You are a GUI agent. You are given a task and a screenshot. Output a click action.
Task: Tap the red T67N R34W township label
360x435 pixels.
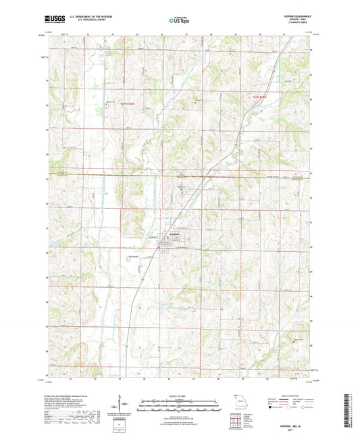pyautogui.click(x=260, y=99)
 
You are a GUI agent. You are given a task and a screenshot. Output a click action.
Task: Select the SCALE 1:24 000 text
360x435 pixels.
pyautogui.click(x=180, y=396)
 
